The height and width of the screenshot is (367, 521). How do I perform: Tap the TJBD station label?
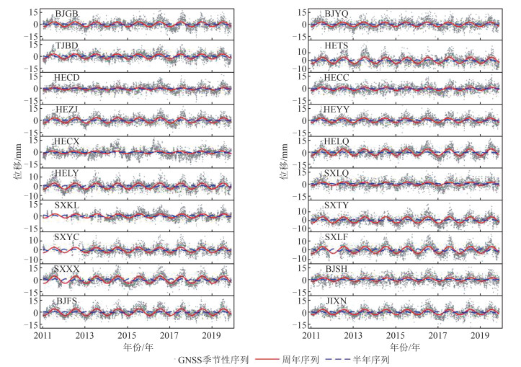coord(67,45)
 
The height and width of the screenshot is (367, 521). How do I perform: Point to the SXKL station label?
coord(67,205)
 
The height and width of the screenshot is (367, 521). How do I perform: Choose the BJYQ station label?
coord(336,14)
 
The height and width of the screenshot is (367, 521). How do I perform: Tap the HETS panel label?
coord(336,45)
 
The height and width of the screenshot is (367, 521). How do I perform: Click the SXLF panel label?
coord(336,236)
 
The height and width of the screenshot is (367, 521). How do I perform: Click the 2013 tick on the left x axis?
coord(84,335)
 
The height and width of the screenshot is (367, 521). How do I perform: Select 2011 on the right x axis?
coord(311,335)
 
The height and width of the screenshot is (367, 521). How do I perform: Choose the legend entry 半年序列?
coord(374,359)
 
